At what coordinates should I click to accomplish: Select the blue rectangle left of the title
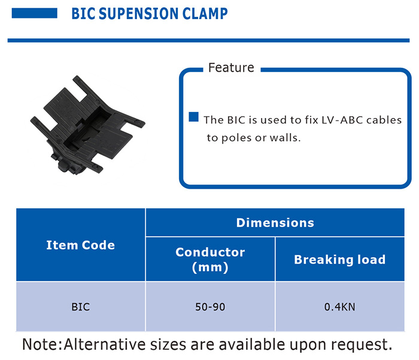click(34, 13)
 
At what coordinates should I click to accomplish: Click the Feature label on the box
click(231, 68)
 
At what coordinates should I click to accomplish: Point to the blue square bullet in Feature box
click(193, 117)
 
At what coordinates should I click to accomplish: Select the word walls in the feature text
click(285, 137)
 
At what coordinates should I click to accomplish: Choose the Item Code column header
click(80, 245)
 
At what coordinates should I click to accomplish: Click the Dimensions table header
click(275, 223)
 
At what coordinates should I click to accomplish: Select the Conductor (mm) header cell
click(210, 259)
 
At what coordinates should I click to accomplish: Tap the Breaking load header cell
click(339, 259)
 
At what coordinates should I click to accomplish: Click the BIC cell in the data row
click(80, 307)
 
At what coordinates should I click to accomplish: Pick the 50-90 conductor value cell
click(210, 307)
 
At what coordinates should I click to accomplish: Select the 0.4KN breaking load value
click(339, 307)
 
